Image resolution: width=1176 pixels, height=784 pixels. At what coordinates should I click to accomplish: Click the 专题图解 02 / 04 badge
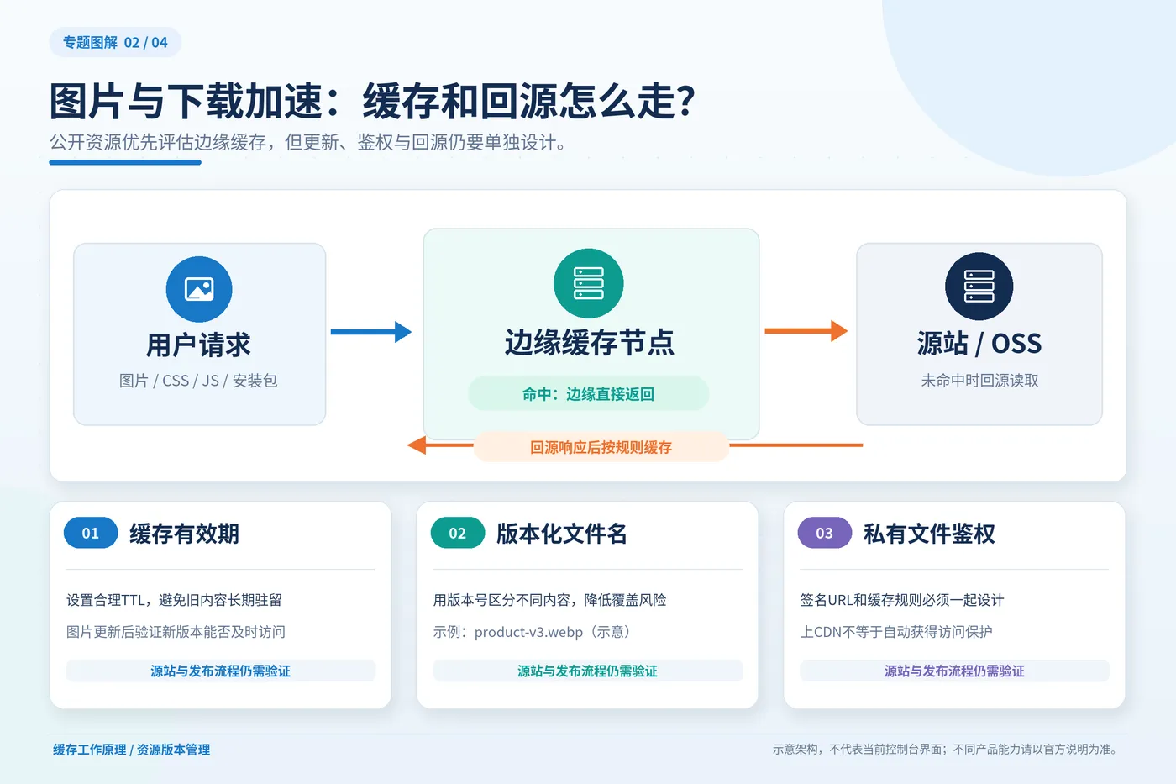[116, 42]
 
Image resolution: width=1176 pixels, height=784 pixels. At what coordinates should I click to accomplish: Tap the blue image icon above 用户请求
[199, 289]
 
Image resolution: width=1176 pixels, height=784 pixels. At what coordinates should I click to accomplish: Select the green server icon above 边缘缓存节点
[589, 283]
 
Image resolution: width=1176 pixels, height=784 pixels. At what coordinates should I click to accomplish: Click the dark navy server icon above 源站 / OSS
[979, 287]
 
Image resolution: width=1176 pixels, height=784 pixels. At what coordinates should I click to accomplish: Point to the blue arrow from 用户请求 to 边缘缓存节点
[371, 332]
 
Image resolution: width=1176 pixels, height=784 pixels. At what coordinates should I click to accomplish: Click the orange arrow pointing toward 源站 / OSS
[806, 331]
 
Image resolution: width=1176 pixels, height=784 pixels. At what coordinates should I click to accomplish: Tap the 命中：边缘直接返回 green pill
[589, 394]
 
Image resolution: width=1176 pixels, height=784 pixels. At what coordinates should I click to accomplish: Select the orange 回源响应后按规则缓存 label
[601, 447]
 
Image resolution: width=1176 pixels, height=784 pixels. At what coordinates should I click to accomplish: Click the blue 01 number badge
[91, 533]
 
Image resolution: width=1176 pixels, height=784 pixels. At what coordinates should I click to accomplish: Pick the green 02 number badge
[458, 533]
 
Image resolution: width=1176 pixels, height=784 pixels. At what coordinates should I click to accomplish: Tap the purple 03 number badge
[825, 533]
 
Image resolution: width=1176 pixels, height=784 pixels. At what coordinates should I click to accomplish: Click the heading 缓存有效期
[184, 534]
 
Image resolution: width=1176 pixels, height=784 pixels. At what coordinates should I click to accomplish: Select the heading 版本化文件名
[562, 534]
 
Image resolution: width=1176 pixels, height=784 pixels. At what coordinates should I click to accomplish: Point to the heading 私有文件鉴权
[929, 534]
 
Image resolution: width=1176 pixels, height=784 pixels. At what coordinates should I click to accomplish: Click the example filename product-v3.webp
[528, 632]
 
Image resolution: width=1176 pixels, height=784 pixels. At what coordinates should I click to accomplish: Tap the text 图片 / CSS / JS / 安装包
[198, 381]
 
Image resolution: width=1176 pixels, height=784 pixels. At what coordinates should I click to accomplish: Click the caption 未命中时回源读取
[979, 381]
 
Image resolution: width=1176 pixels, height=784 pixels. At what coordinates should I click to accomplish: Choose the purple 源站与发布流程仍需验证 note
[954, 671]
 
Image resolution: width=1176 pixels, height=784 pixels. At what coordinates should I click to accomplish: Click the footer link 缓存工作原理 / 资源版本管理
[131, 750]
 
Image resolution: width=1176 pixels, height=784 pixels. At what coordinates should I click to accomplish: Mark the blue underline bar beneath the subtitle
[125, 162]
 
